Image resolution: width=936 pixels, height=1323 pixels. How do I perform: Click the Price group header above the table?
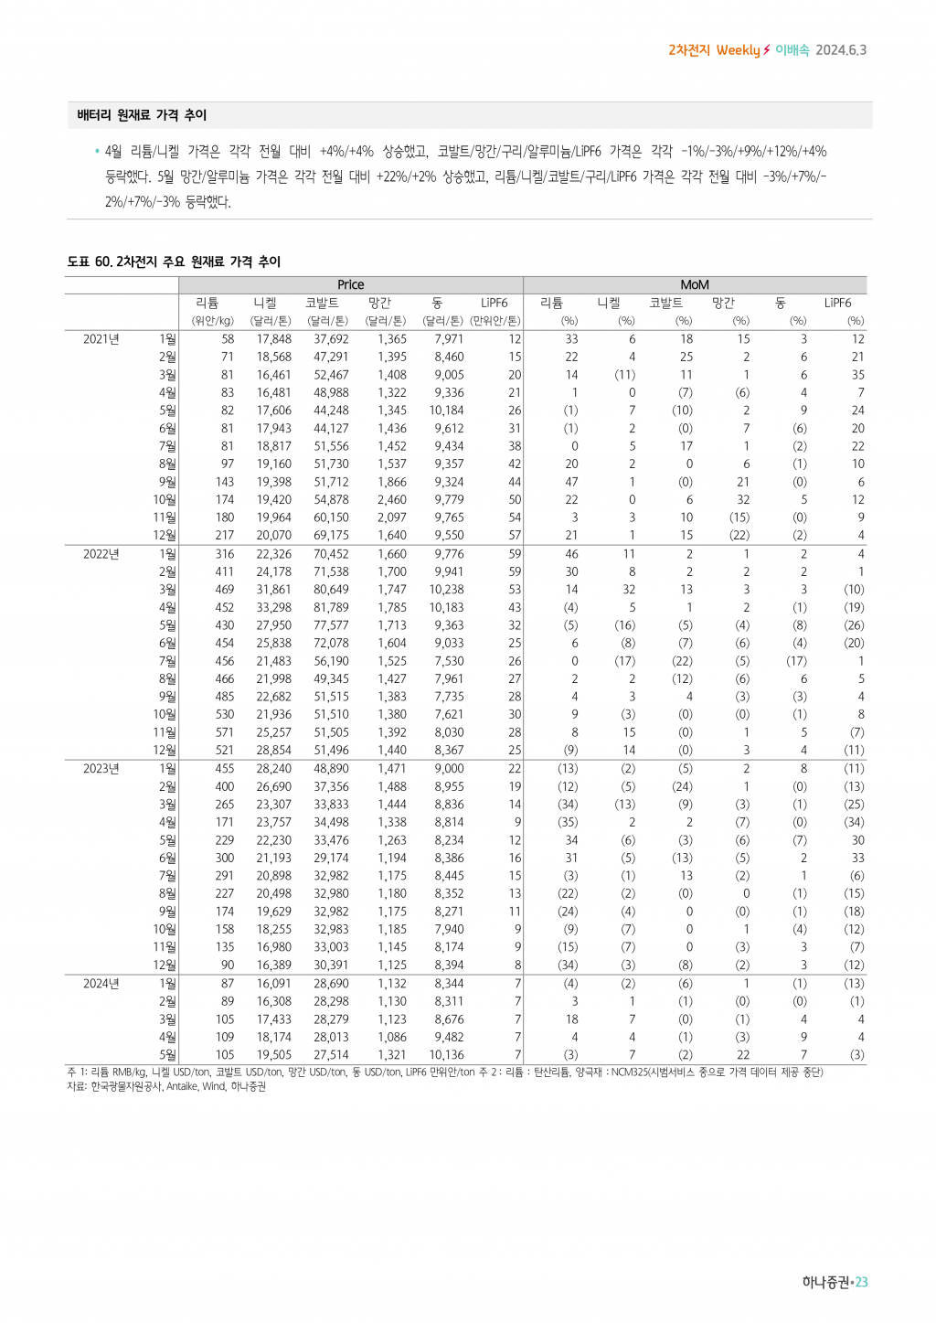(x=350, y=285)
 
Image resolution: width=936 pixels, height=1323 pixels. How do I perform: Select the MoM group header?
(x=695, y=285)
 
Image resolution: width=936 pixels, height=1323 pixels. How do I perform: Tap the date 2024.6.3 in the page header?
(x=841, y=50)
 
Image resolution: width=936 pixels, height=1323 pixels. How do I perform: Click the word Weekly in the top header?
(x=738, y=50)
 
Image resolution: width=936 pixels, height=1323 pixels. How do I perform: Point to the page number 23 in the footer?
(x=862, y=1283)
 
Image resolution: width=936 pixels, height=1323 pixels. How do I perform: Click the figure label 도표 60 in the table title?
(x=89, y=262)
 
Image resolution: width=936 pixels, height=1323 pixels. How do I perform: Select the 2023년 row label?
(x=101, y=769)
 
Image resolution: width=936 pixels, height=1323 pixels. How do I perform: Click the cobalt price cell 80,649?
(x=331, y=590)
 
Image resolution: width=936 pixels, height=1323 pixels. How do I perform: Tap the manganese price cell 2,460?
(x=392, y=500)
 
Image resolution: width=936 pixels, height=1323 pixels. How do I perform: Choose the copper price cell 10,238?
(x=446, y=590)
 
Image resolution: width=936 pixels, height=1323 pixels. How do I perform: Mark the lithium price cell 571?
(x=225, y=732)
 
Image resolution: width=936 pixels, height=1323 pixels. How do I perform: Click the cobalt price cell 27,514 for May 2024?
(x=331, y=1055)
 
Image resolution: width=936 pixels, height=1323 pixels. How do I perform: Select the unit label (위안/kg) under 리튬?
(x=213, y=321)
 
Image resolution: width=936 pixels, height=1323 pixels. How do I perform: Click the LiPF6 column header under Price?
(x=494, y=303)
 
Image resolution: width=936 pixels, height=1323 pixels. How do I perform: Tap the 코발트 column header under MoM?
(x=665, y=303)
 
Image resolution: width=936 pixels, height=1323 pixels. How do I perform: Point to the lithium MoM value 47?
(x=571, y=482)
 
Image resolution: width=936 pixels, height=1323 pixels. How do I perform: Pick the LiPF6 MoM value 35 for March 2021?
(x=857, y=375)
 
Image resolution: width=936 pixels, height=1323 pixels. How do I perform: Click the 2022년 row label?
(x=101, y=554)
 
